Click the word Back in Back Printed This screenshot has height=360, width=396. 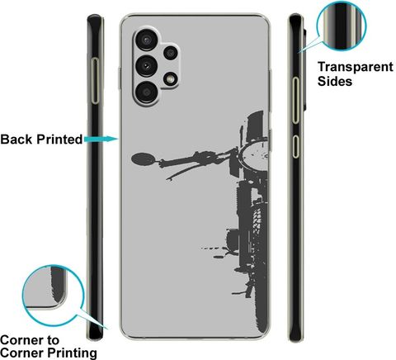[16, 140]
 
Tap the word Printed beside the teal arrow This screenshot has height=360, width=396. [59, 140]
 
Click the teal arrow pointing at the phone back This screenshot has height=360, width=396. [101, 140]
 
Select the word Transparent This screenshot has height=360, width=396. [356, 68]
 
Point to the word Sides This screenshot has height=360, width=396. [335, 82]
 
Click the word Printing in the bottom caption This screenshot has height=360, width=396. [72, 353]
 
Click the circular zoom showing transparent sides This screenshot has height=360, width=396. [342, 26]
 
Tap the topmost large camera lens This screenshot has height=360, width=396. [147, 40]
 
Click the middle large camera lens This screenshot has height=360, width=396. [147, 66]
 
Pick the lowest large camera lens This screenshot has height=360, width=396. [147, 92]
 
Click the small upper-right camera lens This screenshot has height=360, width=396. [171, 53]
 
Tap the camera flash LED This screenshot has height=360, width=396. [171, 79]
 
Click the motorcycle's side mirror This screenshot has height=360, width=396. [144, 159]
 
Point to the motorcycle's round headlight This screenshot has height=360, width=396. [254, 154]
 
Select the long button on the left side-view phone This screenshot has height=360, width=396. [95, 81]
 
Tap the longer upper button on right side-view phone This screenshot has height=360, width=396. [295, 100]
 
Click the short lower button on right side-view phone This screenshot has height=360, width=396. [295, 146]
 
